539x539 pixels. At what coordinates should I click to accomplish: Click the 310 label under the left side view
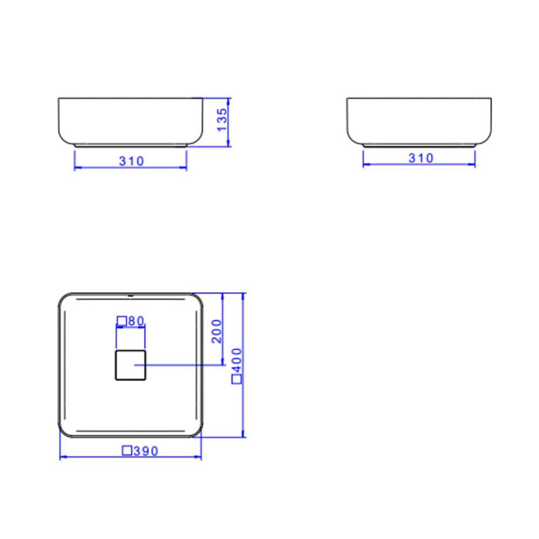[x=132, y=161]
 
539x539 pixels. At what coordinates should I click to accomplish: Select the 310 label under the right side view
[x=421, y=158]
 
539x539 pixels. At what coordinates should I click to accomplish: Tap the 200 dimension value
[x=217, y=331]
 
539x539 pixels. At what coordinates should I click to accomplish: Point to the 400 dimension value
[x=237, y=361]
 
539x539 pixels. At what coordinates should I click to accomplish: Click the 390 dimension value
[x=146, y=451]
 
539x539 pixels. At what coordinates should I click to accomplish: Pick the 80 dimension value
[x=136, y=321]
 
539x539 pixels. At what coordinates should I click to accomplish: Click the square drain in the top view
[x=130, y=365]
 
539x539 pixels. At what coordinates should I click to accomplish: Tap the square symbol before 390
[x=127, y=450]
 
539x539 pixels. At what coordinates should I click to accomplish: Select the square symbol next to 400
[x=237, y=379]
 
